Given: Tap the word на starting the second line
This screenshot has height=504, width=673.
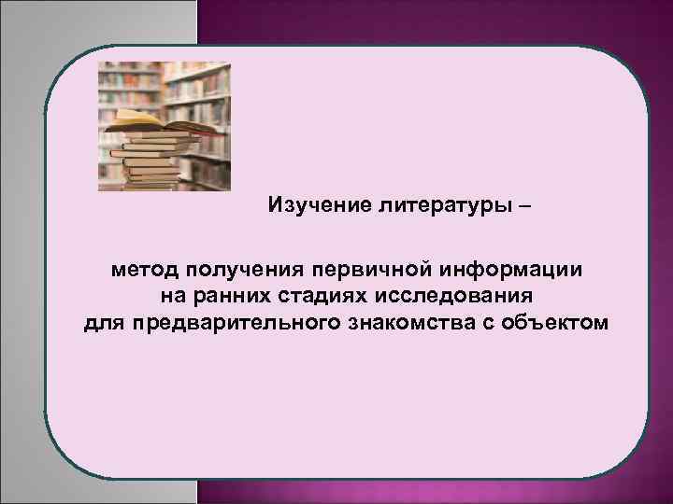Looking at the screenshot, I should pyautogui.click(x=165, y=297).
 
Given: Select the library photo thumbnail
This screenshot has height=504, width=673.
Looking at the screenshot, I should pyautogui.click(x=165, y=127).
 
